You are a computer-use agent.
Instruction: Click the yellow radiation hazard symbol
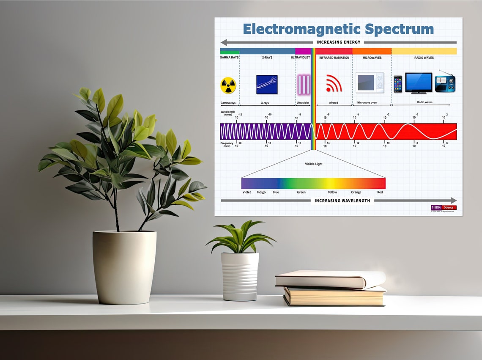(x=228, y=85)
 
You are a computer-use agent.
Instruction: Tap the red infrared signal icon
(x=333, y=84)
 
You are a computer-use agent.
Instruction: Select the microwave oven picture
(x=370, y=82)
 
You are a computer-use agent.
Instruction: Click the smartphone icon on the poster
(x=398, y=84)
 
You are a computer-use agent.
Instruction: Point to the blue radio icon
(x=445, y=83)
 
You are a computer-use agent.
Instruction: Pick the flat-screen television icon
(x=419, y=82)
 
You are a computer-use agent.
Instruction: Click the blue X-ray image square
(x=267, y=84)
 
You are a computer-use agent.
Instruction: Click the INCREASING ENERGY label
(x=338, y=42)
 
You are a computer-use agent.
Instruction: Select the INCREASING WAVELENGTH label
(x=342, y=201)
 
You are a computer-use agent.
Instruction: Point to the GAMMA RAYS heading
(x=229, y=58)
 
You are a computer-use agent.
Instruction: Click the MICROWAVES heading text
(x=372, y=58)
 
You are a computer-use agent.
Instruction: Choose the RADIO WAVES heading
(x=424, y=58)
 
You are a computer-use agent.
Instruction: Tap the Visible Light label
(x=313, y=164)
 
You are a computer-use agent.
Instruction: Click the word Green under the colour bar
(x=301, y=192)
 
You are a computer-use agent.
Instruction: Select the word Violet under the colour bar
(x=246, y=192)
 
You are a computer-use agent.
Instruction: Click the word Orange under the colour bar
(x=356, y=192)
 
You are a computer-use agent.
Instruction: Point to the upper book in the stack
(x=330, y=280)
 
